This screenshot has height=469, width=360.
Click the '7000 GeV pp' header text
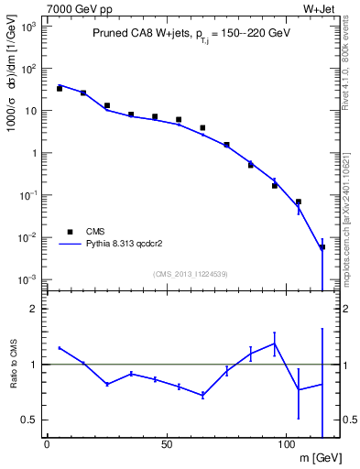pyautogui.click(x=75, y=8)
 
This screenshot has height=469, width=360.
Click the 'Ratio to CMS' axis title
pyautogui.click(x=15, y=365)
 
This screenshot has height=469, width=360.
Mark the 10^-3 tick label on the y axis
pyautogui.click(x=28, y=279)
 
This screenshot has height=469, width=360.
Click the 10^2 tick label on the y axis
pyautogui.click(x=28, y=69)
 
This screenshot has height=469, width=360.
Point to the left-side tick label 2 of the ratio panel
pyautogui.click(x=33, y=310)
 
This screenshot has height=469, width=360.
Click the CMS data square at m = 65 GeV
pyautogui.click(x=202, y=128)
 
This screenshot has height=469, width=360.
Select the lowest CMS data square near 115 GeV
pyautogui.click(x=322, y=247)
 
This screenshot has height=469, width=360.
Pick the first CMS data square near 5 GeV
pyautogui.click(x=60, y=89)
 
